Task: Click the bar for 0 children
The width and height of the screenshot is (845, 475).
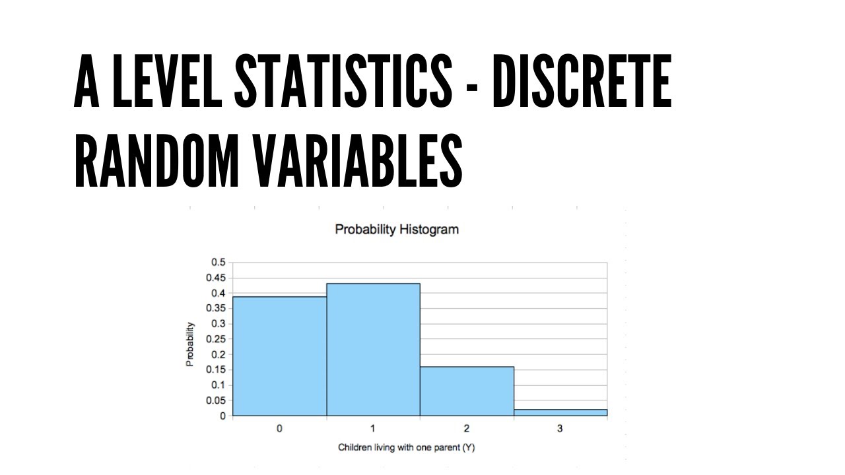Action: click(280, 356)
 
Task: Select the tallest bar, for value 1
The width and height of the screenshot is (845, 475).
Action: click(373, 350)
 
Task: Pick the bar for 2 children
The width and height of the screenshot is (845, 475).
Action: click(467, 391)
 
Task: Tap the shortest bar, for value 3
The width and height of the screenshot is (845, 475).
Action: click(560, 412)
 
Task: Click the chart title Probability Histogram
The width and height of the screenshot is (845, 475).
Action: click(397, 230)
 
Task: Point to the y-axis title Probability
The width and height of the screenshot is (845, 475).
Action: click(190, 344)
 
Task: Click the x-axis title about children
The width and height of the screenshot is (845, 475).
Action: click(407, 447)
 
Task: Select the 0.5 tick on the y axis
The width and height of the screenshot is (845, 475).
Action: click(218, 263)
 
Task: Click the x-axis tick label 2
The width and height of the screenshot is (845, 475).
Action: click(467, 429)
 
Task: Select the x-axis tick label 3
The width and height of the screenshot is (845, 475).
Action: click(560, 429)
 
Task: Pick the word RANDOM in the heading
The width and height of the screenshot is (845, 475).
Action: click(155, 160)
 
